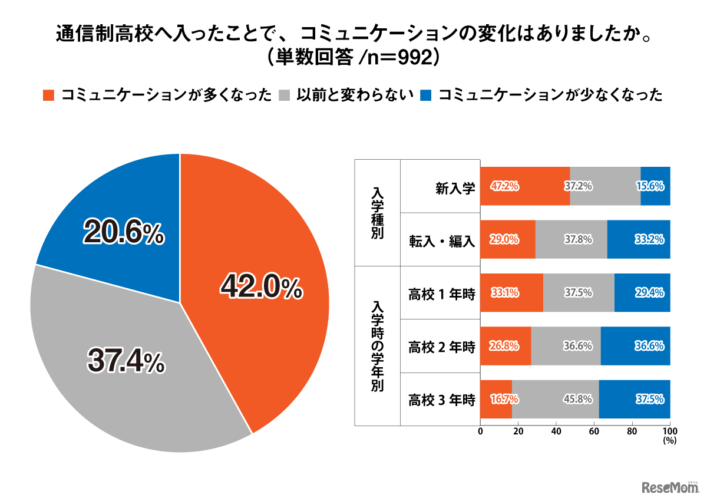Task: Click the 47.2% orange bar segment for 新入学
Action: coord(524,186)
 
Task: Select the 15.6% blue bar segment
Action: coord(655,186)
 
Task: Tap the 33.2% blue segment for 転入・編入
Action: coord(639,239)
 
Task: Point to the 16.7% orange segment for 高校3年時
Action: coord(496,399)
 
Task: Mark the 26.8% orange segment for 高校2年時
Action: coord(506,346)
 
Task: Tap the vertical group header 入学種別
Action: coord(377,212)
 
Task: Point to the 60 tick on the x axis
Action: coord(594,431)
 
